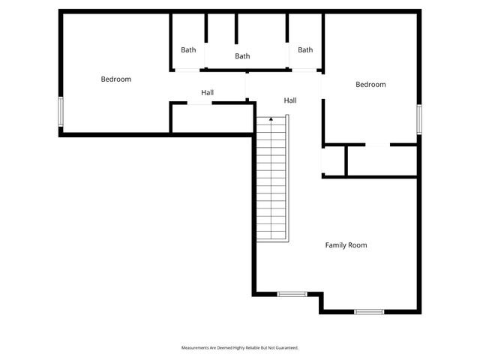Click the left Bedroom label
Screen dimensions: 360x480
tap(116, 79)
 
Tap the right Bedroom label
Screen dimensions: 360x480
tap(370, 85)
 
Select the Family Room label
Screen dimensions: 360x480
tap(346, 245)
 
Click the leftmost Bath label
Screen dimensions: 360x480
tap(188, 50)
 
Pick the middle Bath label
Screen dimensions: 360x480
tap(242, 56)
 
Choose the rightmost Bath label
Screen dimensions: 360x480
tap(305, 50)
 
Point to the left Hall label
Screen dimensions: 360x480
tap(208, 93)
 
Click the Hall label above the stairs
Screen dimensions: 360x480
tap(290, 100)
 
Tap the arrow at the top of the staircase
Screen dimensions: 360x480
tap(271, 118)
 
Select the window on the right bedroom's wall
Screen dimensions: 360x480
tap(419, 118)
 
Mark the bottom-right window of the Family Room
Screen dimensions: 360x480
tap(369, 311)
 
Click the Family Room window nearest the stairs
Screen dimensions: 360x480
tap(292, 293)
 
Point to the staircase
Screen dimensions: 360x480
tap(271, 180)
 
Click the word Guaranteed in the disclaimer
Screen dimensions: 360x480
tap(287, 348)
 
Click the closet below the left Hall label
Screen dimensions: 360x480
tap(212, 118)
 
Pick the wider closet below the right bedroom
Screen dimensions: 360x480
tap(381, 160)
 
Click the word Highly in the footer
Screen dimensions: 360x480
tap(239, 348)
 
